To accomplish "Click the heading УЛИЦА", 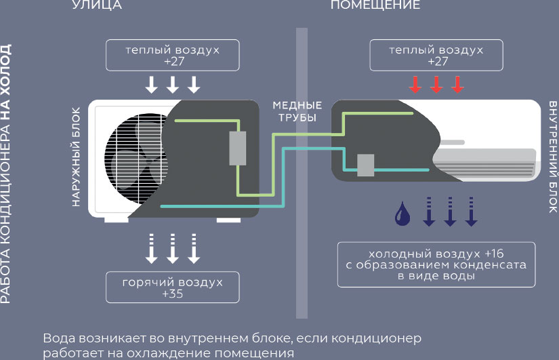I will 96,5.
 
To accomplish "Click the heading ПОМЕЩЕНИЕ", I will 375,5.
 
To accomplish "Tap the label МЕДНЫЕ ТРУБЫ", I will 297,112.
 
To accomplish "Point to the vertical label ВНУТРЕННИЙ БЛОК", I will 553,157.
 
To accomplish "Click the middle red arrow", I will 436,85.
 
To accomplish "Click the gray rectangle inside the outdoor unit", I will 239,148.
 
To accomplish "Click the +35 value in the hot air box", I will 173,294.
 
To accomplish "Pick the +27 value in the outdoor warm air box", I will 173,61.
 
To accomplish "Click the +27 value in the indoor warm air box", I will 437,61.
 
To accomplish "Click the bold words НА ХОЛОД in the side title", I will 6,81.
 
